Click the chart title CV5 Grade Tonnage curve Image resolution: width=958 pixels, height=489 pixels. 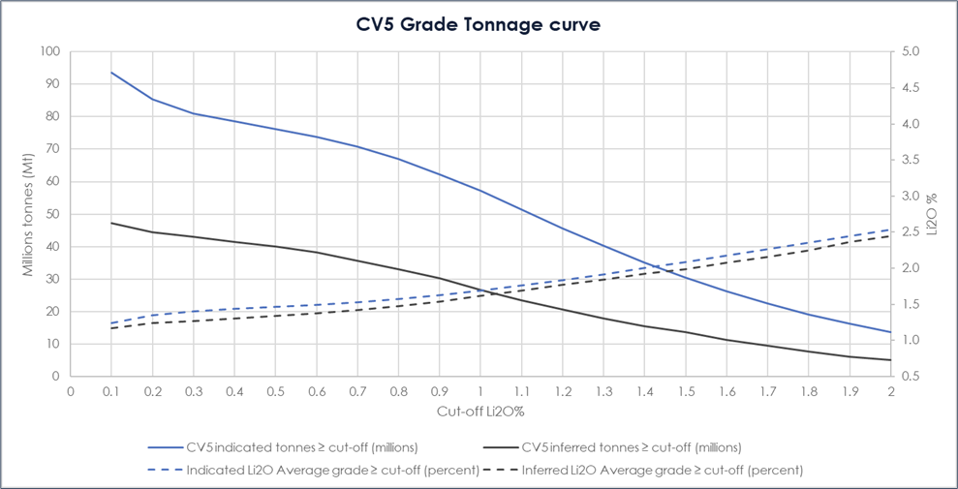tap(478, 24)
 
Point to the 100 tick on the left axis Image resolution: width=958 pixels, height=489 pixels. tap(49, 51)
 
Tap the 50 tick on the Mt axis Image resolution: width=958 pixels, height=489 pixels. tap(52, 214)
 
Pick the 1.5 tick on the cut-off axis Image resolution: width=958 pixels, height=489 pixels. tap(686, 391)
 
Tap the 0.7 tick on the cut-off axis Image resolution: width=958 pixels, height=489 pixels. tap(357, 391)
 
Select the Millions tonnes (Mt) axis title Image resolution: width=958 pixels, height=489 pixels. tap(29, 213)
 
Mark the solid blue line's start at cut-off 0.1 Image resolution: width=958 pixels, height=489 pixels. tap(111, 72)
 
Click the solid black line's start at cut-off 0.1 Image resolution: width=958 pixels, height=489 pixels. tap(111, 223)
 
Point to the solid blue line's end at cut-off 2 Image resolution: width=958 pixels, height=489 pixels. tap(890, 332)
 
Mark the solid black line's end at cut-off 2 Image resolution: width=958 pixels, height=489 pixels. tap(890, 360)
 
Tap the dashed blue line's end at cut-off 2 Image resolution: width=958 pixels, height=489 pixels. tap(890, 229)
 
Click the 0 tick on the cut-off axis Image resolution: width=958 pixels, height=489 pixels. tap(71, 391)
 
